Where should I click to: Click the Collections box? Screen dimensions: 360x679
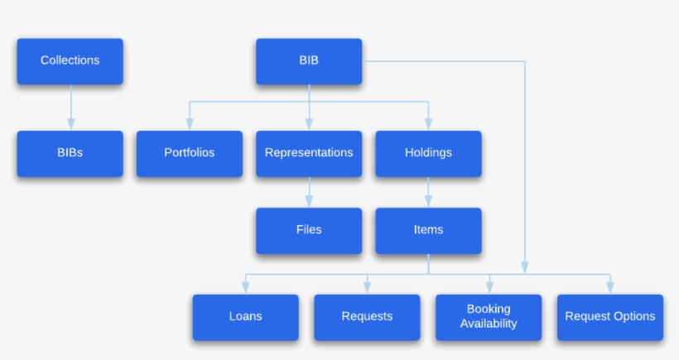point(70,60)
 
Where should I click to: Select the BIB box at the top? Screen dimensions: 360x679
point(309,60)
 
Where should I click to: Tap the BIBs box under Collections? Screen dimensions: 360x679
point(70,153)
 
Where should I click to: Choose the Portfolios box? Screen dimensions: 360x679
point(189,153)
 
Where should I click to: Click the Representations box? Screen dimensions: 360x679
point(309,153)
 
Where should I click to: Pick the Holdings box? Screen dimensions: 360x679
point(428,153)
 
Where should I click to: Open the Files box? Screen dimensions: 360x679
point(309,230)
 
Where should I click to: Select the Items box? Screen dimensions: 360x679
point(428,230)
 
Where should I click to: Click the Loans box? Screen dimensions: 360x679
point(245,317)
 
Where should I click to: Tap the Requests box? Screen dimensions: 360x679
point(367,317)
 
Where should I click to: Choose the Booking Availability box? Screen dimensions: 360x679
point(489,317)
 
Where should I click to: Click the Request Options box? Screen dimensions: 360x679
point(610,317)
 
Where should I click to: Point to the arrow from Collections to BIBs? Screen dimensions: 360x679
point(70,108)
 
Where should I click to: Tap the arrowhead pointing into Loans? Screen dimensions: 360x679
point(245,287)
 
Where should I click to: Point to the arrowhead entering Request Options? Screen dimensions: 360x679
point(610,287)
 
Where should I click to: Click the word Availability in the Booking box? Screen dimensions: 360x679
point(489,324)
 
